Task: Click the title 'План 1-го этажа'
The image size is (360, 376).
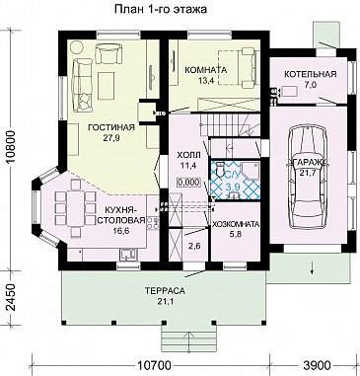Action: point(161,9)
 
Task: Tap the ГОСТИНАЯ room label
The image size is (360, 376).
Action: point(111,127)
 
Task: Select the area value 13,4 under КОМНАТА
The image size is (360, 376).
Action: point(206,81)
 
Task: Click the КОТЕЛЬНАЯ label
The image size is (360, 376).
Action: point(311,74)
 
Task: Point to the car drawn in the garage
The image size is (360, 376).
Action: point(308,178)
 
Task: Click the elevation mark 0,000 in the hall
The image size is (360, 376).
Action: point(188,182)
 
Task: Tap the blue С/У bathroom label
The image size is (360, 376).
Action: point(232,174)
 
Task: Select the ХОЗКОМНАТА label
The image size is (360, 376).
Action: point(236,224)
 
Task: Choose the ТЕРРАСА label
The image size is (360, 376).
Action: point(166,291)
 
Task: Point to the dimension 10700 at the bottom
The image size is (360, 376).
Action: point(154,365)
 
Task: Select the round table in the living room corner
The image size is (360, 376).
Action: point(77,48)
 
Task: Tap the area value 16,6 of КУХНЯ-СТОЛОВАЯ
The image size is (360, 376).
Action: point(121,230)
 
